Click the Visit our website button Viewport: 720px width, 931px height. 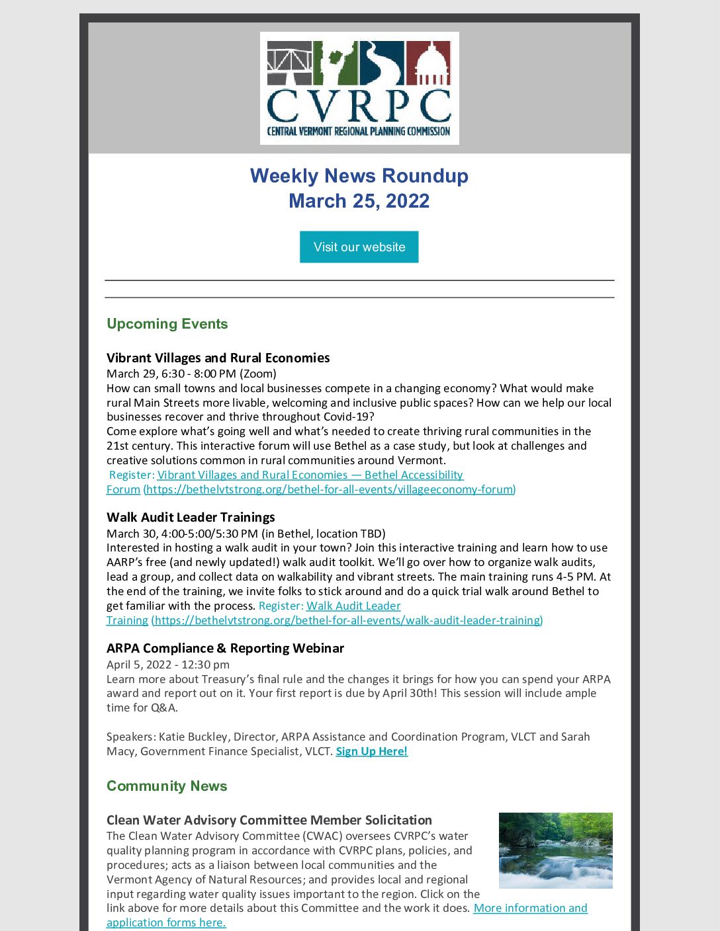click(x=359, y=247)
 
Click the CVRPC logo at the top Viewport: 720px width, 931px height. click(x=359, y=88)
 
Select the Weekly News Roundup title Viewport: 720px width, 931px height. click(x=359, y=176)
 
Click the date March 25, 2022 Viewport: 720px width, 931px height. click(x=359, y=201)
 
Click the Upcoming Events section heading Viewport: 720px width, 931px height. click(x=167, y=324)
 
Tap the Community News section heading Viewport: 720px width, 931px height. click(x=167, y=786)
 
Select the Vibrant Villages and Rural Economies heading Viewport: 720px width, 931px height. click(x=218, y=358)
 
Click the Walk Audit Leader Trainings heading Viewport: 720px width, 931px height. click(x=191, y=517)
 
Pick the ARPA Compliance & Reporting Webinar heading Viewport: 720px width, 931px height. click(x=225, y=648)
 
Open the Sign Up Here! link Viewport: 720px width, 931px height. click(x=371, y=751)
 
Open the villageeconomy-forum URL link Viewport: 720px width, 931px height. click(x=330, y=489)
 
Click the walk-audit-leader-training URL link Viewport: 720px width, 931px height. click(x=347, y=620)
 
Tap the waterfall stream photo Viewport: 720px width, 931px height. click(x=555, y=850)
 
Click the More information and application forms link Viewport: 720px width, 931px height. click(x=530, y=909)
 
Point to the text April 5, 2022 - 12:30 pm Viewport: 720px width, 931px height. click(x=168, y=665)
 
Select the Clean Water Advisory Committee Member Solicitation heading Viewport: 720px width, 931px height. click(x=269, y=820)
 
